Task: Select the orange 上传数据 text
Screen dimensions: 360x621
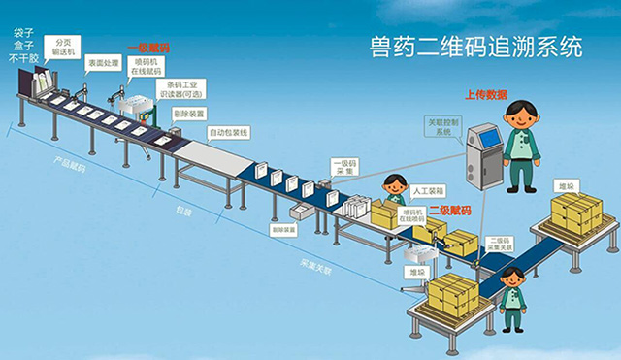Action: (486, 95)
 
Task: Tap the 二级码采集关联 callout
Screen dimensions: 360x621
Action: (501, 244)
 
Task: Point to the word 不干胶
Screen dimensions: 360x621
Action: (23, 59)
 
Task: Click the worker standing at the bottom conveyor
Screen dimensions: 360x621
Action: (511, 297)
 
